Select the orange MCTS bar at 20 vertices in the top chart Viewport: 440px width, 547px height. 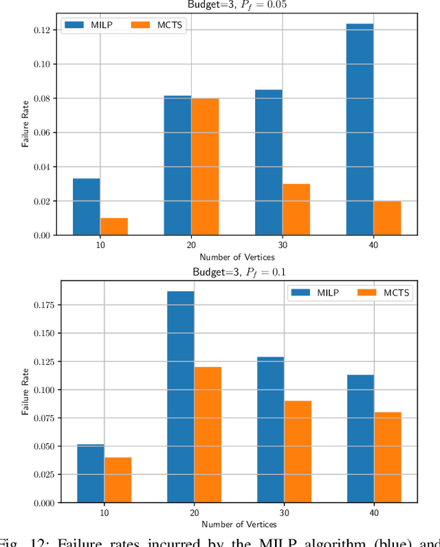click(x=205, y=166)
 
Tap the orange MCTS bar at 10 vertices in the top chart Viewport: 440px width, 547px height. click(x=113, y=226)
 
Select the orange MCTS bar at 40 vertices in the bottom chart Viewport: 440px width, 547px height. click(x=388, y=457)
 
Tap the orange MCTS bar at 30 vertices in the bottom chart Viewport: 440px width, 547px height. click(x=298, y=451)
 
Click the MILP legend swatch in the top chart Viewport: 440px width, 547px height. click(x=74, y=26)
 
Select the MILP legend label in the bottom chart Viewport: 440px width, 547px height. click(x=323, y=293)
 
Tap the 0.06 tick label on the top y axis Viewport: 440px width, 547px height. click(x=41, y=133)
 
